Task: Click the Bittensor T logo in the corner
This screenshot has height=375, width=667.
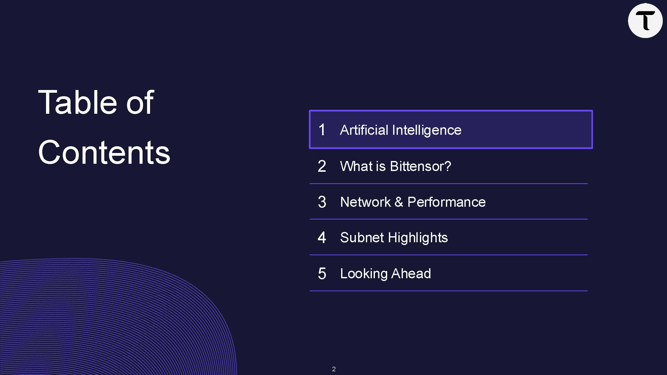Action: click(x=645, y=21)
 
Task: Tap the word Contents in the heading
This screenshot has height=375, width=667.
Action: click(x=104, y=152)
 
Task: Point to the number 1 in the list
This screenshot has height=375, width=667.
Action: click(x=322, y=129)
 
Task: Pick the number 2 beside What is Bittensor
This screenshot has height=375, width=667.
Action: click(x=322, y=166)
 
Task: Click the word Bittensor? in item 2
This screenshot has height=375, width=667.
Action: click(x=420, y=166)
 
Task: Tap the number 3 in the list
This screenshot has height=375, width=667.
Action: click(x=322, y=202)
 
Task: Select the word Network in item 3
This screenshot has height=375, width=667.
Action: click(x=365, y=202)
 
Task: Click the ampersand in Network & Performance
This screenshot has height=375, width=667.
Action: click(x=399, y=202)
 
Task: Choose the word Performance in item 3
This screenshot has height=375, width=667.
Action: click(x=446, y=202)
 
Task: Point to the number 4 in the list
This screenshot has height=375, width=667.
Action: click(x=322, y=237)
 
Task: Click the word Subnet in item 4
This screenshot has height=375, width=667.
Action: click(x=362, y=237)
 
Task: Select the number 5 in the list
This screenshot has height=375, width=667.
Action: click(x=322, y=273)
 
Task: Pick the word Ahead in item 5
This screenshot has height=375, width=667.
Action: click(x=411, y=273)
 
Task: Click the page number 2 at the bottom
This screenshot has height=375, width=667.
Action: click(x=334, y=369)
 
